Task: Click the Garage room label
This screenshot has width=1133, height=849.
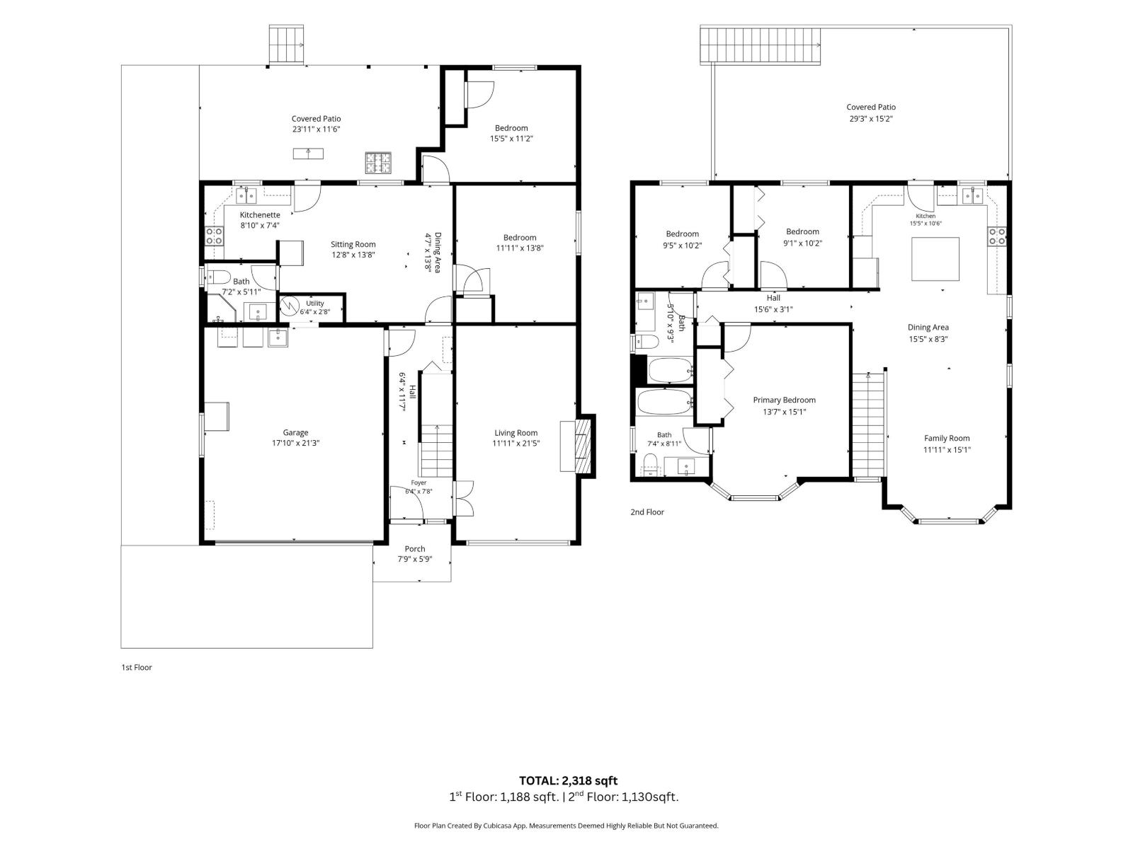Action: pos(295,432)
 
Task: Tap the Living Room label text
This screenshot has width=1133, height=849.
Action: pos(516,432)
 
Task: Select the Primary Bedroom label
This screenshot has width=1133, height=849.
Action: pos(784,400)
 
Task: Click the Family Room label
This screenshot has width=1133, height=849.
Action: pos(947,438)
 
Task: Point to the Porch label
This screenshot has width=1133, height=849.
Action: pos(415,549)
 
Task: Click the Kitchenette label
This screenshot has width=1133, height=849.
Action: pos(260,214)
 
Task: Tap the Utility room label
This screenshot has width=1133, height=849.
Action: pos(315,303)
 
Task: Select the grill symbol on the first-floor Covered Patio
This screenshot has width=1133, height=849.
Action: pos(378,163)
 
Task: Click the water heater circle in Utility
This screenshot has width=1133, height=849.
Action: pos(290,307)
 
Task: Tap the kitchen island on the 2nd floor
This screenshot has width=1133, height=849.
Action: pos(935,259)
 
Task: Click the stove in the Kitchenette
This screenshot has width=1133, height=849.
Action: pos(215,236)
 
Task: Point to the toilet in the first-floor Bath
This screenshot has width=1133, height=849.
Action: pos(218,278)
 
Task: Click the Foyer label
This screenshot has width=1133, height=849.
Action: pos(419,483)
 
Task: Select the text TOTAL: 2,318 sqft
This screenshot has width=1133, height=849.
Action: pos(569,780)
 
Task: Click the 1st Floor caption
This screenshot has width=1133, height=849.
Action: pos(137,667)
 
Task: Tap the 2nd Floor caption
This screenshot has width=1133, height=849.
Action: pos(647,512)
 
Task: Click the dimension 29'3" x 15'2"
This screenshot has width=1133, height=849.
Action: pos(871,119)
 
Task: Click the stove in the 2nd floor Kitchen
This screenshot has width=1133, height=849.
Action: pos(997,236)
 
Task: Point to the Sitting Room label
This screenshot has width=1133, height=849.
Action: pos(353,244)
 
